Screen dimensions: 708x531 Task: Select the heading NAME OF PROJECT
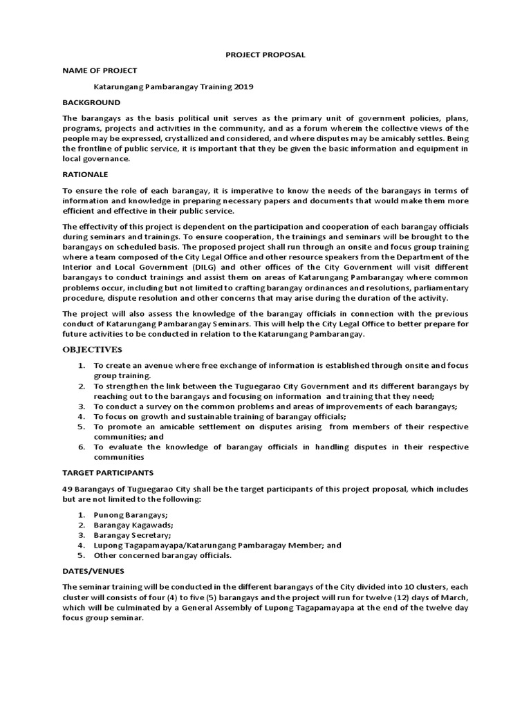coord(100,71)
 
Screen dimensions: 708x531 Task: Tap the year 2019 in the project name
coord(243,87)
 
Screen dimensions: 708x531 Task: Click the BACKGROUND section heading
coord(91,102)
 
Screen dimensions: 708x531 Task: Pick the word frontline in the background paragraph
coord(102,149)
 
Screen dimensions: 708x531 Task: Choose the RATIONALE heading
coord(85,174)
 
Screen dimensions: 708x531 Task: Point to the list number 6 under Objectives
coord(81,447)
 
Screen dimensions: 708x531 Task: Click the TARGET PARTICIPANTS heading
coord(108,472)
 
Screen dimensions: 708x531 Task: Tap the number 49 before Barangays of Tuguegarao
coord(68,489)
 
